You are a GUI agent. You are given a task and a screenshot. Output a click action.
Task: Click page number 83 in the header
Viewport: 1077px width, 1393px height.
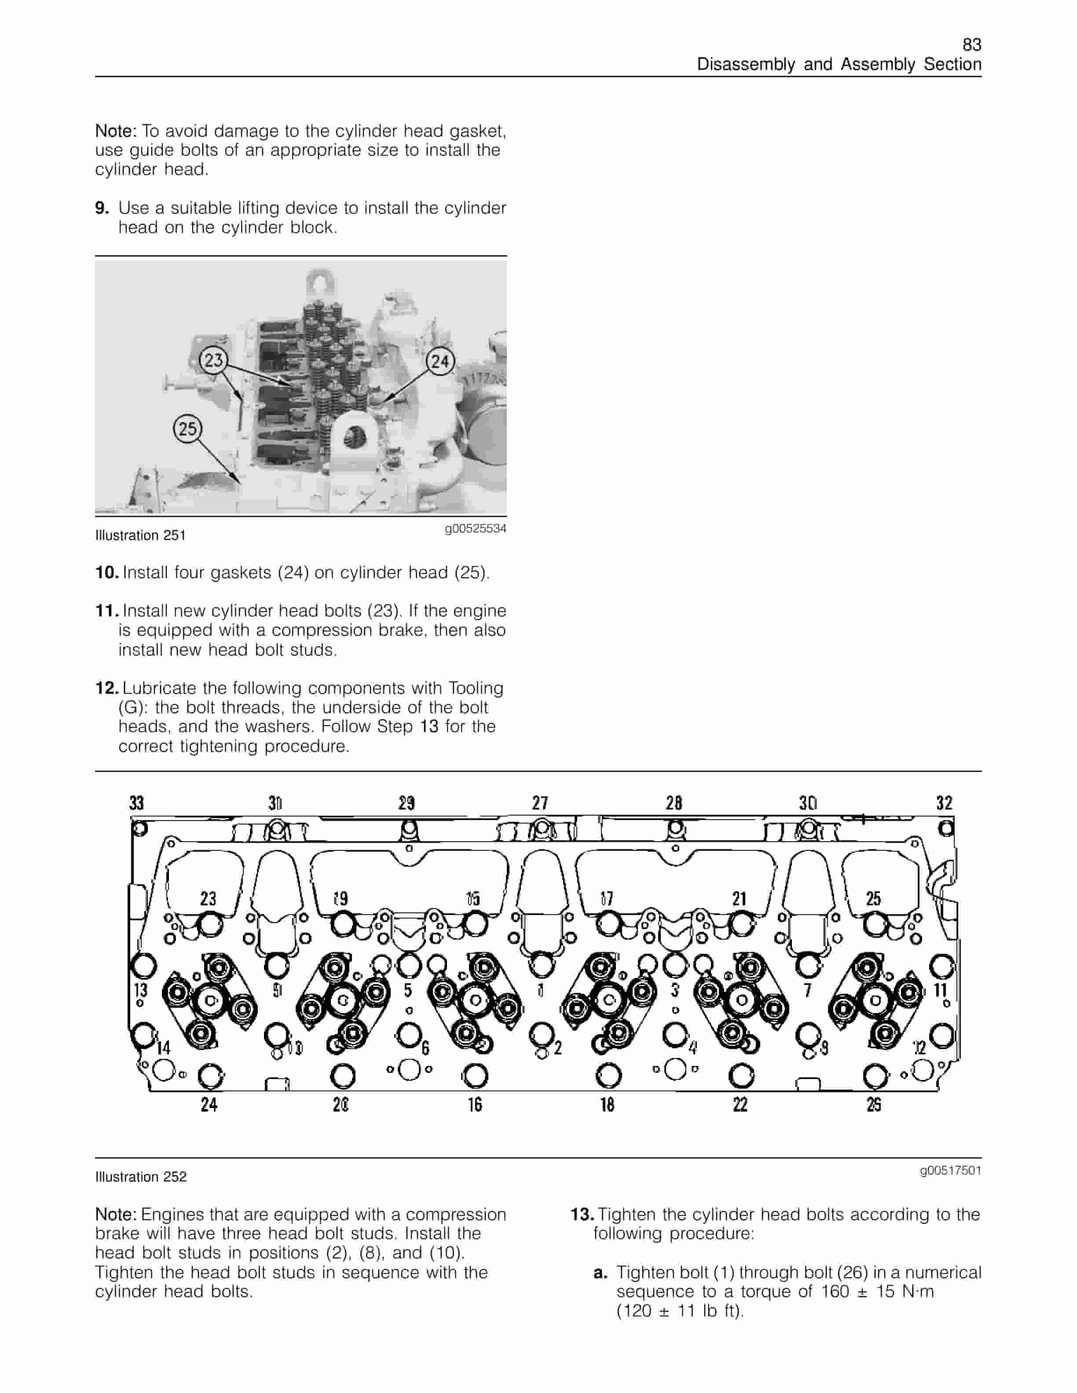(971, 45)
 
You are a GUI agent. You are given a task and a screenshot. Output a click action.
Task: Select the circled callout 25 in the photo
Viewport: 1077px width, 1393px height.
(187, 428)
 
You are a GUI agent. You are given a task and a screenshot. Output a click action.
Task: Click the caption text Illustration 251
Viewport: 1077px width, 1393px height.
(140, 536)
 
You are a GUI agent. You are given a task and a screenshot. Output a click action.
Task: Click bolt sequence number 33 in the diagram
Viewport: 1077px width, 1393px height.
(136, 803)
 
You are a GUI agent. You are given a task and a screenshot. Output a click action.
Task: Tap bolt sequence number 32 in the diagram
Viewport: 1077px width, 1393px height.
(944, 803)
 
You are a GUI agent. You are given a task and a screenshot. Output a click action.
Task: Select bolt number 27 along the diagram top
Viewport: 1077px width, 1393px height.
(540, 803)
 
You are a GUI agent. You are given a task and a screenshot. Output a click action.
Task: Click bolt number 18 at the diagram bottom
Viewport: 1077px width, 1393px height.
(607, 1105)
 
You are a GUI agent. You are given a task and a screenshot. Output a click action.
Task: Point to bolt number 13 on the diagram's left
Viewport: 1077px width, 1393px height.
(140, 991)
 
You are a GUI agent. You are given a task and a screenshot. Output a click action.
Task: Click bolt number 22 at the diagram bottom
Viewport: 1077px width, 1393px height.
(740, 1105)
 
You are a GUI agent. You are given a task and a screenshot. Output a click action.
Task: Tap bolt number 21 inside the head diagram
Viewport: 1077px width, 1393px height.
(739, 899)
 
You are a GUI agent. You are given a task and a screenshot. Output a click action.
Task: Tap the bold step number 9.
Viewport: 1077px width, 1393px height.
(102, 208)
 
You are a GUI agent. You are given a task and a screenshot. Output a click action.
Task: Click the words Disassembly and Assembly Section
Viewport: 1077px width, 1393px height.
(839, 65)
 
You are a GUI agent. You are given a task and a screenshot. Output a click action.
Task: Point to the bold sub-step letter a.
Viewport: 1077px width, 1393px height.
(599, 1273)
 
